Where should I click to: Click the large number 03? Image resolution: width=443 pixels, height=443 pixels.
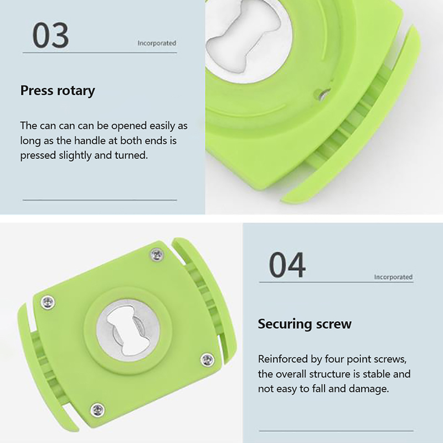coord(50,35)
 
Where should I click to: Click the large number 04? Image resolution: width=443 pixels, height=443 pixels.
coord(287,265)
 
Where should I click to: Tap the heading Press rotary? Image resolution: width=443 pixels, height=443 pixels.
coord(58,91)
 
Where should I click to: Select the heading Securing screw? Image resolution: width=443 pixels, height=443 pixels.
coord(305,324)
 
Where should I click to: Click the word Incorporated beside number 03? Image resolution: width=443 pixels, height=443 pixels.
coord(157,43)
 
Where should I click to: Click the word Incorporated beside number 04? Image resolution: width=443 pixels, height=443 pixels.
coord(393,277)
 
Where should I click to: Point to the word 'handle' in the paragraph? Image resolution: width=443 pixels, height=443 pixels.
coord(86,141)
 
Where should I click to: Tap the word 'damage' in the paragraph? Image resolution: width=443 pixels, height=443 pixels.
coord(369,389)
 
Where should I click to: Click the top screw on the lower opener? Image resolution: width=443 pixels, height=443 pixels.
coord(157,254)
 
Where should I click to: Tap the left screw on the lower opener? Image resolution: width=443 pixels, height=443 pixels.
coord(48,302)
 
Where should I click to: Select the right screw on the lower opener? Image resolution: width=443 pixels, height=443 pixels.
coord(207,359)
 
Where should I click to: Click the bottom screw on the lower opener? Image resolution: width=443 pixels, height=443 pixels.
coord(97,410)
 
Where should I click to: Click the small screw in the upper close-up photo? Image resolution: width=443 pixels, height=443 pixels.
coord(324,94)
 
